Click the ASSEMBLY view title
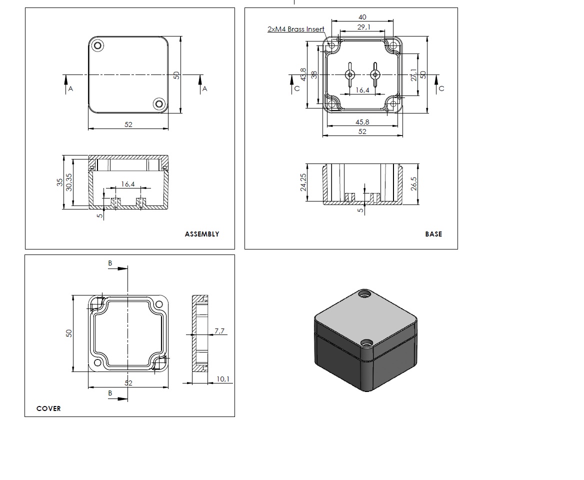point(202,234)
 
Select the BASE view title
point(433,234)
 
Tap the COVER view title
point(48,408)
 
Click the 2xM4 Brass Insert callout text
point(295,29)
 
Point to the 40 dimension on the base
point(362,17)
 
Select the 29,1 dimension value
point(364,27)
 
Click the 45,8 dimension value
point(362,122)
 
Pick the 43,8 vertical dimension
point(303,74)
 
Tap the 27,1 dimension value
point(414,75)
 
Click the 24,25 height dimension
point(303,182)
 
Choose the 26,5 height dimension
point(414,183)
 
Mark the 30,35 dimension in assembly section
point(69,182)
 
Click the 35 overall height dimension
point(59,182)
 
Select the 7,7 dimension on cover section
point(219,330)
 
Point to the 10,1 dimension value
point(222,379)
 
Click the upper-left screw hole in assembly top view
point(97,46)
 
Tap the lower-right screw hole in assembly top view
point(159,104)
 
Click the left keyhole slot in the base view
point(349,75)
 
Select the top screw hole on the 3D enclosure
point(364,294)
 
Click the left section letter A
point(71,88)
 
